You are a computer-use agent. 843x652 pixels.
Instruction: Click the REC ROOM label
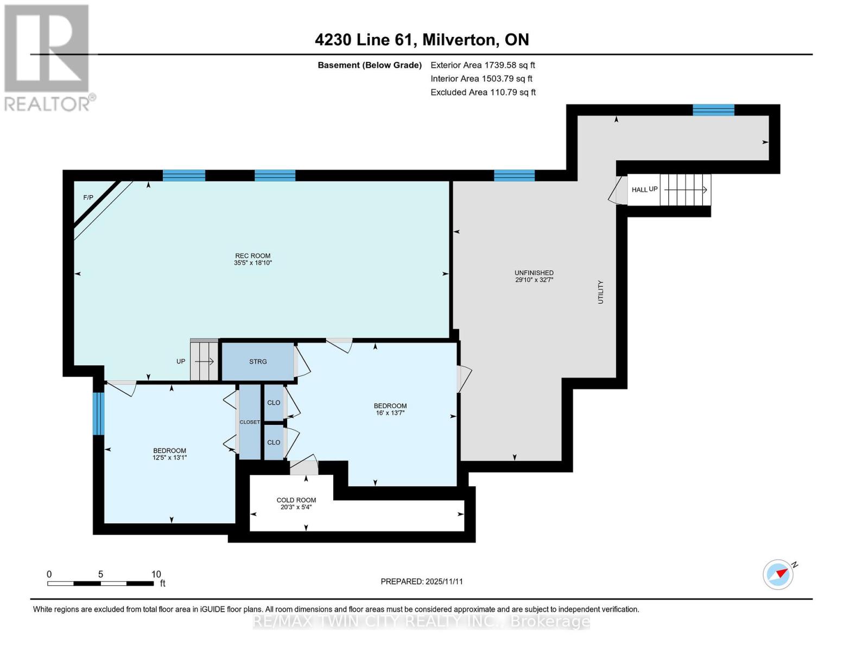click(252, 255)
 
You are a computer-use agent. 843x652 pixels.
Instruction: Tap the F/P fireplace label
click(88, 198)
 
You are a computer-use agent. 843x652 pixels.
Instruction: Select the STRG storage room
click(258, 361)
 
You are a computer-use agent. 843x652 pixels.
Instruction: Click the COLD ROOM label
click(296, 500)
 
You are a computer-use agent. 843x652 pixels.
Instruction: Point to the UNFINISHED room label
click(534, 273)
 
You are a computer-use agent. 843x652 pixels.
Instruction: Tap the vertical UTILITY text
click(600, 292)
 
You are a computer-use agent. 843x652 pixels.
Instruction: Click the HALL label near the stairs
click(639, 190)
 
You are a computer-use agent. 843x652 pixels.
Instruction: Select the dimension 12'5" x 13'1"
click(169, 457)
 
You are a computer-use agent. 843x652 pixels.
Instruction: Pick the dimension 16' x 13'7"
click(390, 413)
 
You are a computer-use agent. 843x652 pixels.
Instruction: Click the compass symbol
click(778, 575)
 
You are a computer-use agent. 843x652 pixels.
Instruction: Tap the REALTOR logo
click(48, 58)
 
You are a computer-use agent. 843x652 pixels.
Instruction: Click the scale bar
click(100, 583)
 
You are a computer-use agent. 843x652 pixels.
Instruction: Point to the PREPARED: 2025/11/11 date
click(422, 581)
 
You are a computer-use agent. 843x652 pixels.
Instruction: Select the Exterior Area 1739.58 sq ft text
click(483, 65)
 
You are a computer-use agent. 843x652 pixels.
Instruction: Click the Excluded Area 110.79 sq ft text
click(483, 92)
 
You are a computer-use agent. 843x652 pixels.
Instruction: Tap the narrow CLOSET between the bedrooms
click(250, 422)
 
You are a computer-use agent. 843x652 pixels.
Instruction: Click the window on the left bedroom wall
click(99, 413)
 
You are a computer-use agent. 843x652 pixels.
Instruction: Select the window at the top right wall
click(713, 110)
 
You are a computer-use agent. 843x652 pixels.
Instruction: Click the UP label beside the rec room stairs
click(181, 361)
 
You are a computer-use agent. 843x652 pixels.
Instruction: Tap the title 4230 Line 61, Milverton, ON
click(422, 40)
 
